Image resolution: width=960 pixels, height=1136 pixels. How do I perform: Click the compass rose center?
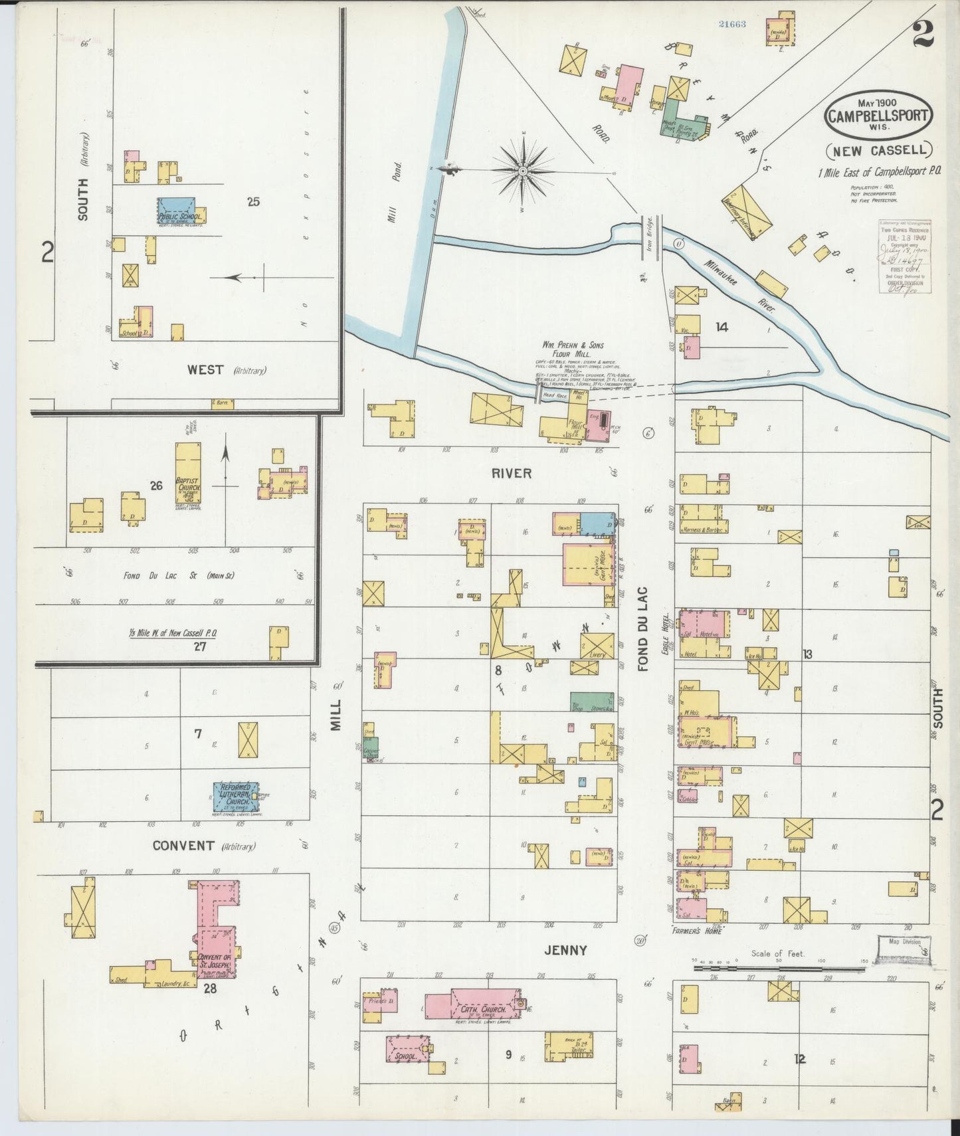[x=523, y=171]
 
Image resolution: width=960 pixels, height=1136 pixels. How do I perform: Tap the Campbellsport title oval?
[x=878, y=114]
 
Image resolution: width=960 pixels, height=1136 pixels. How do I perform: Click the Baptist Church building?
[x=188, y=474]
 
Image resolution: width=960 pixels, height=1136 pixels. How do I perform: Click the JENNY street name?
[x=566, y=950]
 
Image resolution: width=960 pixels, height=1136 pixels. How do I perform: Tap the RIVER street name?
[x=512, y=473]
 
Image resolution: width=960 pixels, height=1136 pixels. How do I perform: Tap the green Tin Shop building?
[x=591, y=702]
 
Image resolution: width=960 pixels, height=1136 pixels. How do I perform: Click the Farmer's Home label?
[x=696, y=930]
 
